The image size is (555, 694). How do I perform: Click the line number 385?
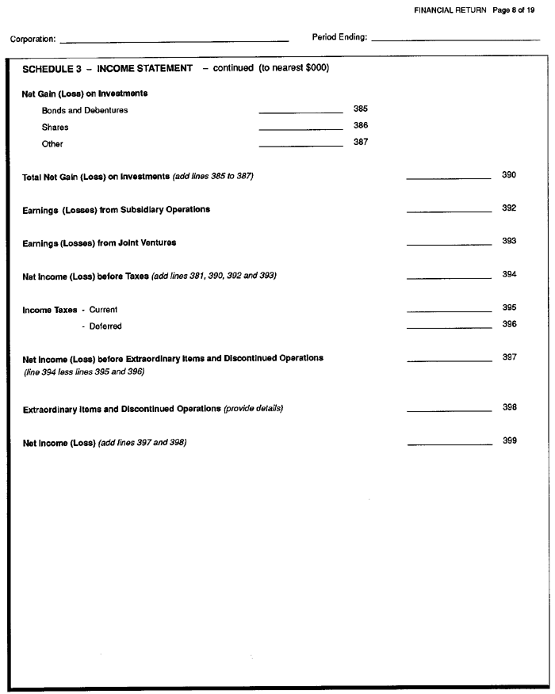(360, 109)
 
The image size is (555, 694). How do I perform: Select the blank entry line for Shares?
(300, 128)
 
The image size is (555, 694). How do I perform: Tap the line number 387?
(360, 143)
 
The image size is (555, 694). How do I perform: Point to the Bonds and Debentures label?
(85, 110)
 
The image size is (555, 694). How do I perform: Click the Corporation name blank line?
(174, 40)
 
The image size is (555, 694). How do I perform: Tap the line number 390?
(509, 174)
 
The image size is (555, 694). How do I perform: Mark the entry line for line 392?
(449, 212)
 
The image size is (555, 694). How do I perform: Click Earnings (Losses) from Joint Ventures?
(99, 242)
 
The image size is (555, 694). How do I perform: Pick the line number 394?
(509, 274)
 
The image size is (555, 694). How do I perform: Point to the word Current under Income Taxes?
(103, 309)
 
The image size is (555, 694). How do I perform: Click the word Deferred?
(105, 326)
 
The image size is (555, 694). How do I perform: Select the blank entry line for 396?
(449, 328)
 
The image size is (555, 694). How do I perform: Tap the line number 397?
(509, 357)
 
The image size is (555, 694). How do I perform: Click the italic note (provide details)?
(253, 409)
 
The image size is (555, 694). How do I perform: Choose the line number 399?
(509, 440)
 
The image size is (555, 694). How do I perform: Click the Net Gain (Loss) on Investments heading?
(85, 93)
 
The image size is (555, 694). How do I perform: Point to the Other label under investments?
(52, 144)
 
